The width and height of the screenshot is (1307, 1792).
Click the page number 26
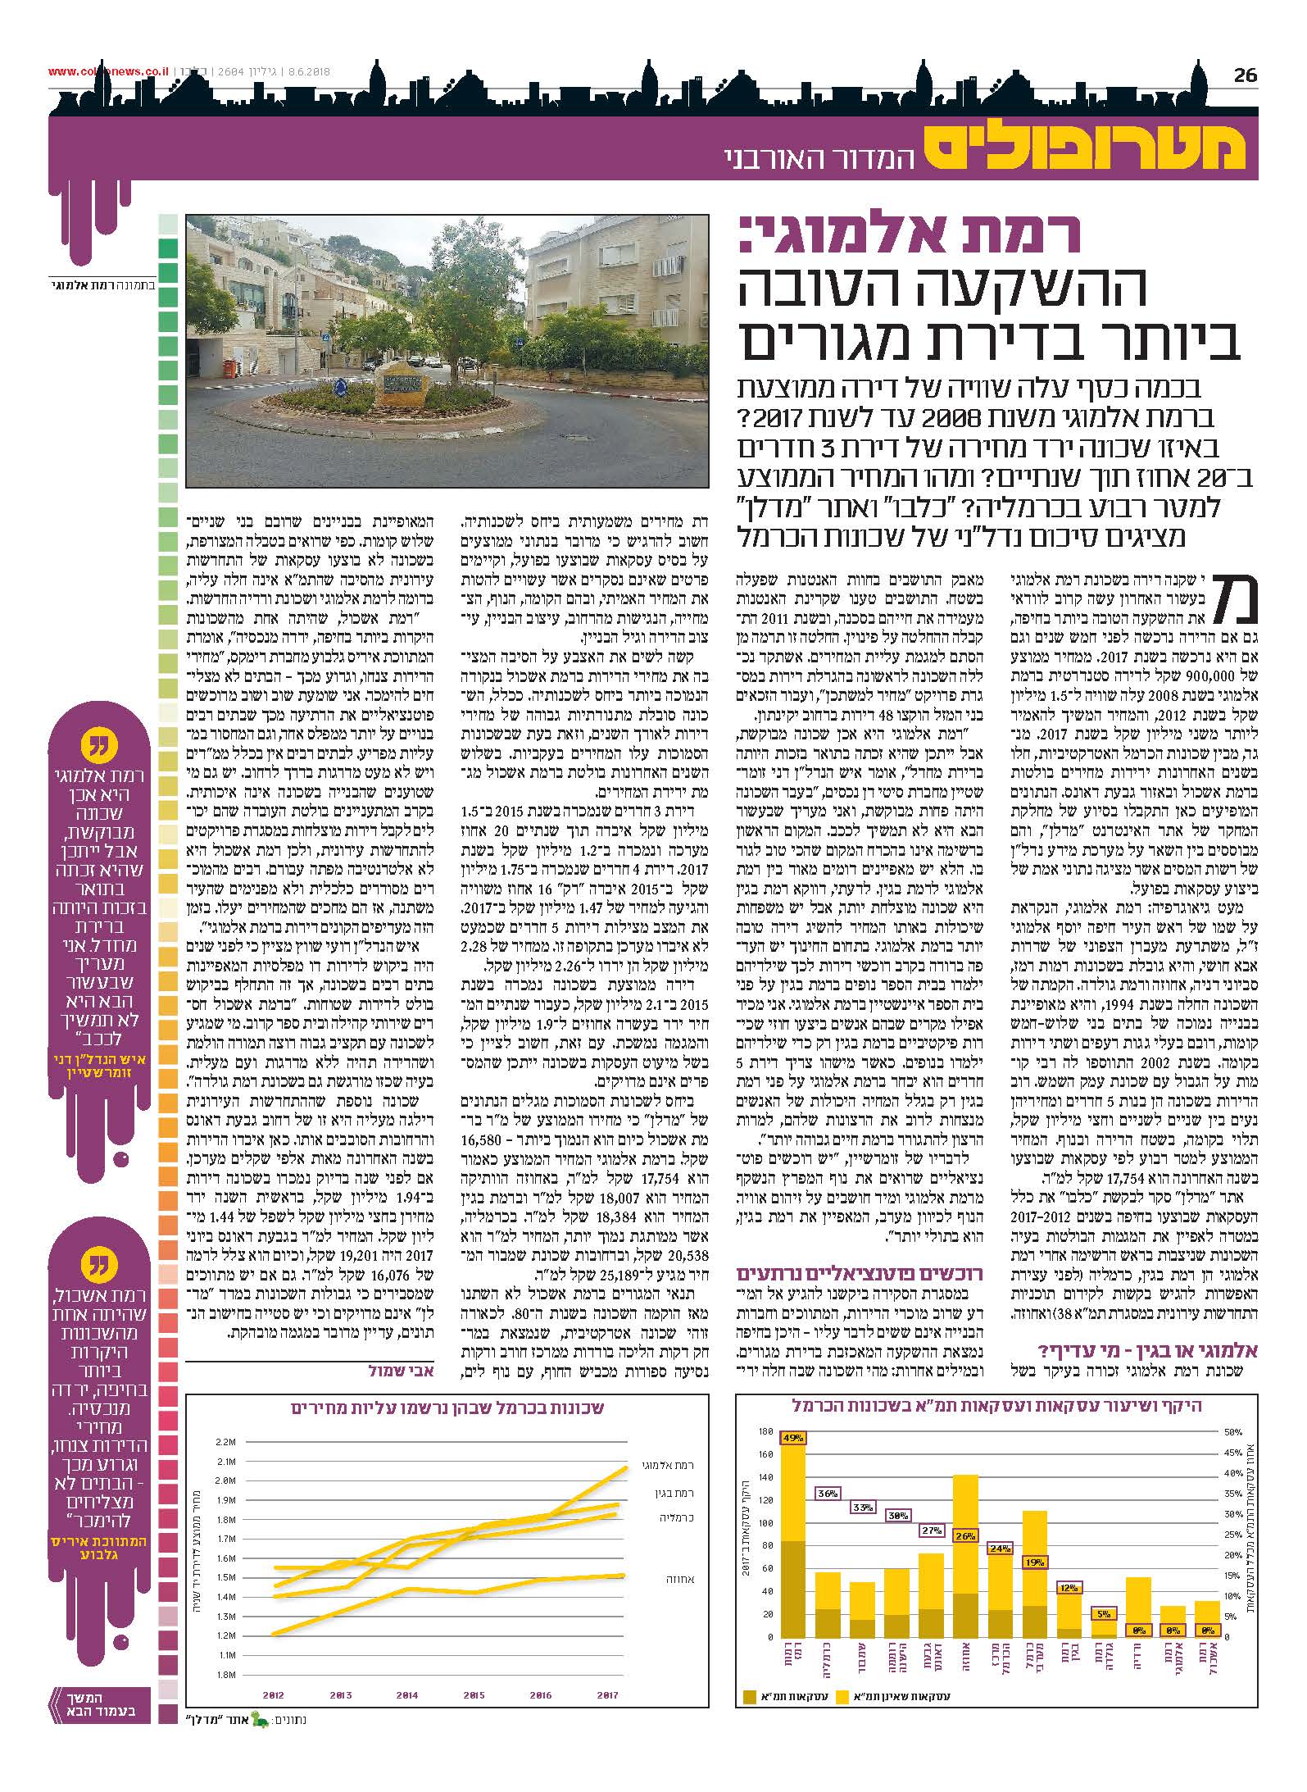coord(1245,75)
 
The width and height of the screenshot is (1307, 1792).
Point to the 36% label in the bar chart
coord(828,1494)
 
